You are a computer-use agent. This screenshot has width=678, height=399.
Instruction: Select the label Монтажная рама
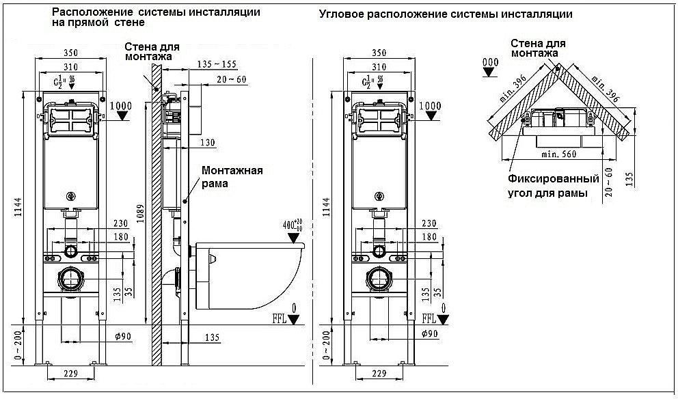pyautogui.click(x=231, y=176)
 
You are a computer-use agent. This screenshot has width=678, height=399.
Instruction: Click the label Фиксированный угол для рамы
pyautogui.click(x=554, y=186)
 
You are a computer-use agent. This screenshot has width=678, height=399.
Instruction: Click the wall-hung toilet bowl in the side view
pyautogui.click(x=249, y=273)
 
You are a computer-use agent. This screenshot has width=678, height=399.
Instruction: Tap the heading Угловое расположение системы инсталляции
pyautogui.click(x=445, y=14)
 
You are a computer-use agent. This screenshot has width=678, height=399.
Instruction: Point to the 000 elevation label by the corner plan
pyautogui.click(x=490, y=63)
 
